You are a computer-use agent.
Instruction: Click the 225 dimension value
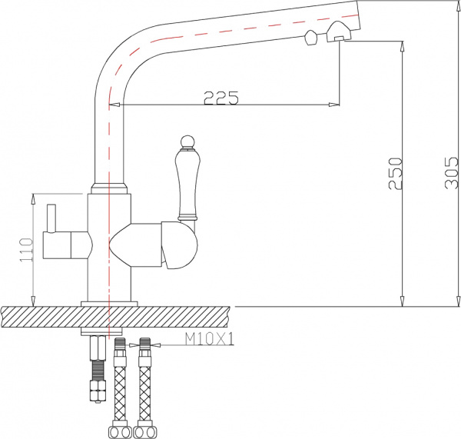(x=221, y=98)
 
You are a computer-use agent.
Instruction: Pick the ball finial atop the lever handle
(x=184, y=141)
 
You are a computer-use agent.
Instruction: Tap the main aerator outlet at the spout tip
(x=339, y=33)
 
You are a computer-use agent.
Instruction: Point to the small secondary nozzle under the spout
(x=311, y=38)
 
